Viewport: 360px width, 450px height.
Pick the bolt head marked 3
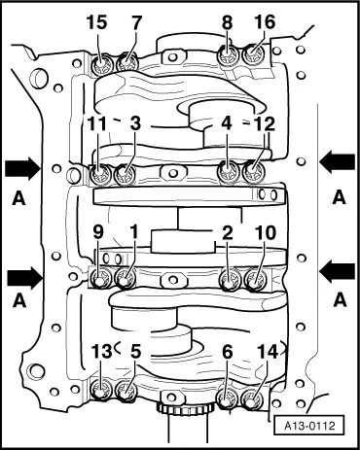click(x=126, y=176)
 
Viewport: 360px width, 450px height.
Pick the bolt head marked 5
click(x=126, y=394)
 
